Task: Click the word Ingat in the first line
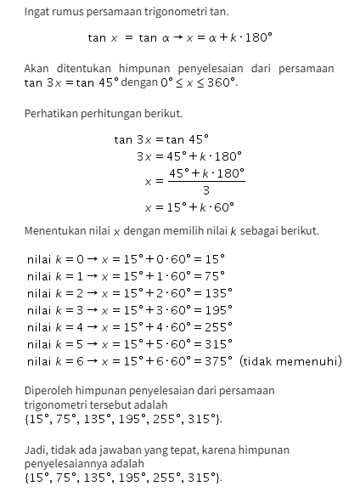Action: point(37,12)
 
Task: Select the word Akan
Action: point(37,68)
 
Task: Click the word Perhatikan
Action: point(53,113)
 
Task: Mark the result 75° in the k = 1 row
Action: point(214,275)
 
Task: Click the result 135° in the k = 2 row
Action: point(217,292)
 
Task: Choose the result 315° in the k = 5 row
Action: point(217,344)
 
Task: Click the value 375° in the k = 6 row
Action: point(217,361)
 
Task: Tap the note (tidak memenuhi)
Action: point(290,361)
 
